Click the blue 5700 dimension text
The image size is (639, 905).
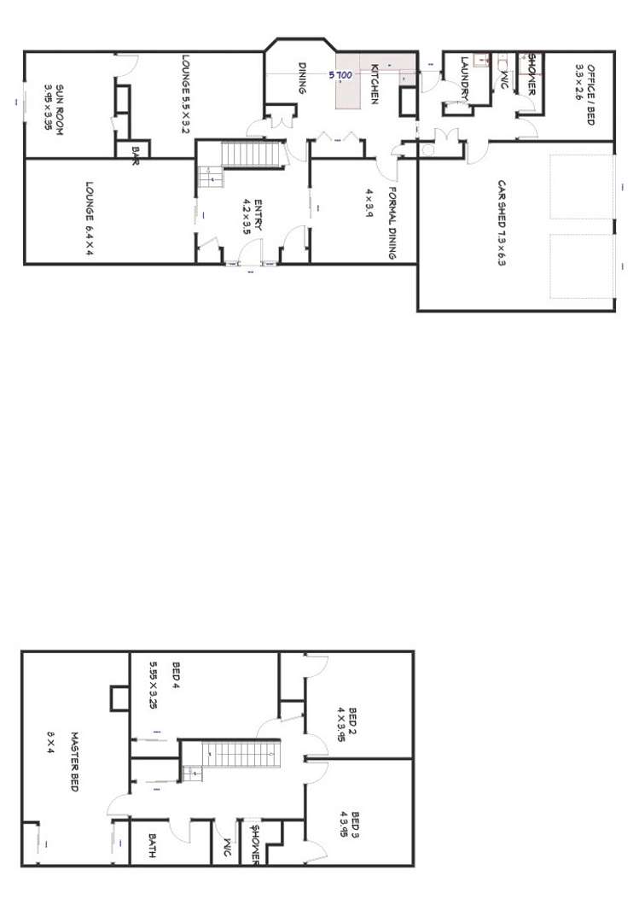pyautogui.click(x=340, y=75)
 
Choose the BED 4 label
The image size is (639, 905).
pyautogui.click(x=176, y=674)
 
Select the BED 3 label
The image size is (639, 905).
pyautogui.click(x=354, y=825)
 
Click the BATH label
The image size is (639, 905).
pyautogui.click(x=151, y=845)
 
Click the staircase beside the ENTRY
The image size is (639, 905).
pyautogui.click(x=252, y=155)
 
